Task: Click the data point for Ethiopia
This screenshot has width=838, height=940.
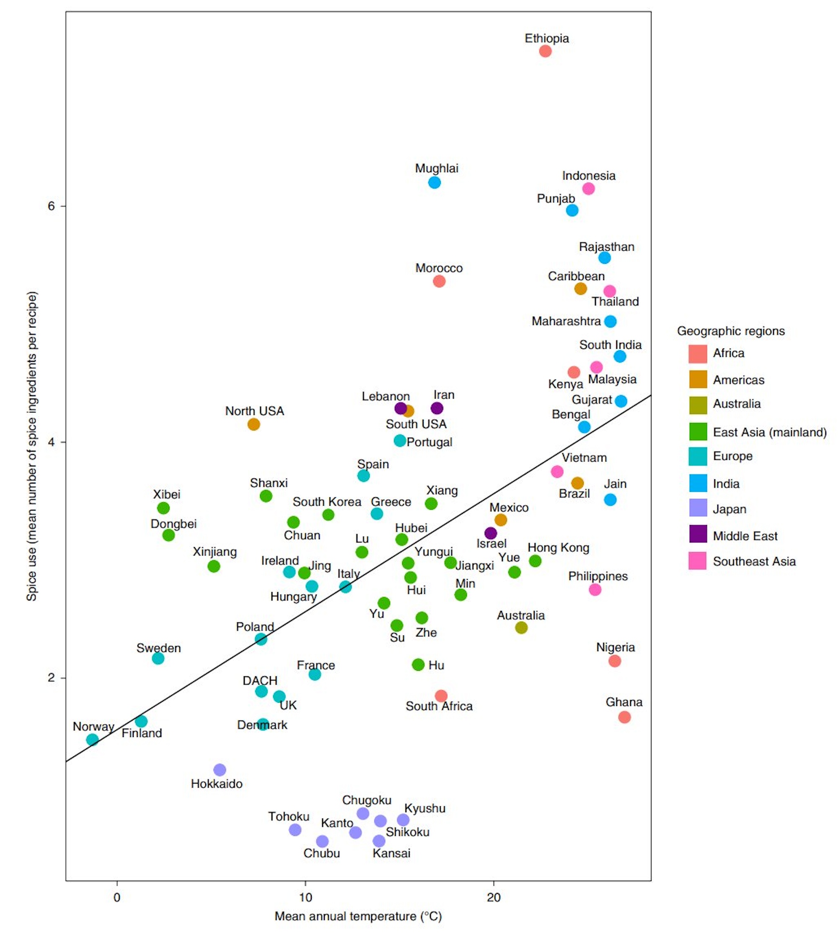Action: (x=545, y=51)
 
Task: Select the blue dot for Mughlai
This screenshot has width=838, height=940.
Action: (x=434, y=182)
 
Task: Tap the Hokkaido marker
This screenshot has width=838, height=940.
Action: (x=220, y=769)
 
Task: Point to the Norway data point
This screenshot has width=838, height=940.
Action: (x=92, y=740)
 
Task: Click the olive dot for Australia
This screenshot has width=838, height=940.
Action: (x=521, y=627)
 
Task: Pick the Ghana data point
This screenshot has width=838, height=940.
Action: (x=624, y=717)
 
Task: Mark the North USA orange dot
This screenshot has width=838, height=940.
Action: (x=253, y=424)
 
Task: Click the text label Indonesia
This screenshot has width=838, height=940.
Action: (x=588, y=176)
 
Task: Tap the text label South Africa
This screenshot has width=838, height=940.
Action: (x=439, y=706)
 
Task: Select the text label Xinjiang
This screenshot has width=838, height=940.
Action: (x=215, y=552)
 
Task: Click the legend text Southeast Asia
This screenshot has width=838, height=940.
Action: (x=754, y=561)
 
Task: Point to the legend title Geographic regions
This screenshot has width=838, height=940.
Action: (x=731, y=331)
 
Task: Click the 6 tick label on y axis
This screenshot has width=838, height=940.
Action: (x=51, y=206)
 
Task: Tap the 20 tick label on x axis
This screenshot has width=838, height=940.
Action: (x=494, y=897)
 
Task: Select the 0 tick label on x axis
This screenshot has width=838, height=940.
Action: (x=117, y=897)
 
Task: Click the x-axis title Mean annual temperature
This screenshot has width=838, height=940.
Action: (x=358, y=916)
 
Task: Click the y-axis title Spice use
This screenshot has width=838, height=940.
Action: (x=31, y=446)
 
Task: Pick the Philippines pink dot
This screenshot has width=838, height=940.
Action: (x=595, y=589)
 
